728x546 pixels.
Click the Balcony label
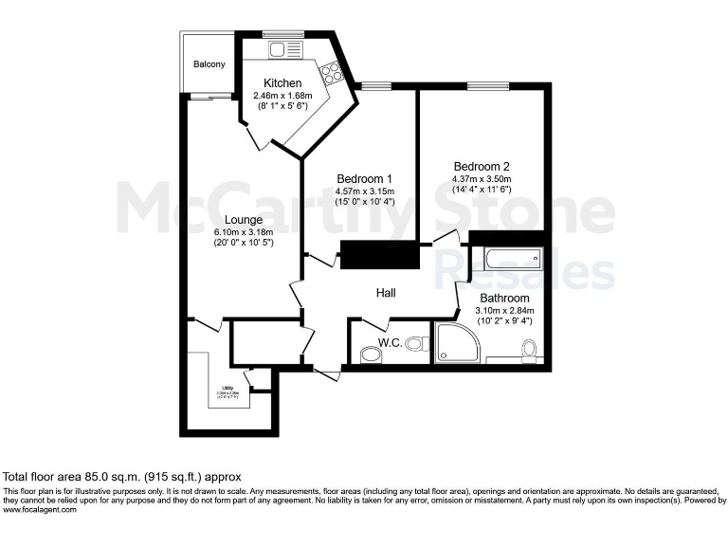tap(209, 64)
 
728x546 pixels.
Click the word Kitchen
tap(282, 82)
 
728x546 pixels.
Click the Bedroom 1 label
tap(365, 179)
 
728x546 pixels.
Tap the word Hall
tap(385, 295)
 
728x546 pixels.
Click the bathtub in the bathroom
tap(506, 257)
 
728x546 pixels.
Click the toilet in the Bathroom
tap(530, 353)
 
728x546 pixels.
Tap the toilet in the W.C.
tap(371, 354)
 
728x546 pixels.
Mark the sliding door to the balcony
tap(210, 96)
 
